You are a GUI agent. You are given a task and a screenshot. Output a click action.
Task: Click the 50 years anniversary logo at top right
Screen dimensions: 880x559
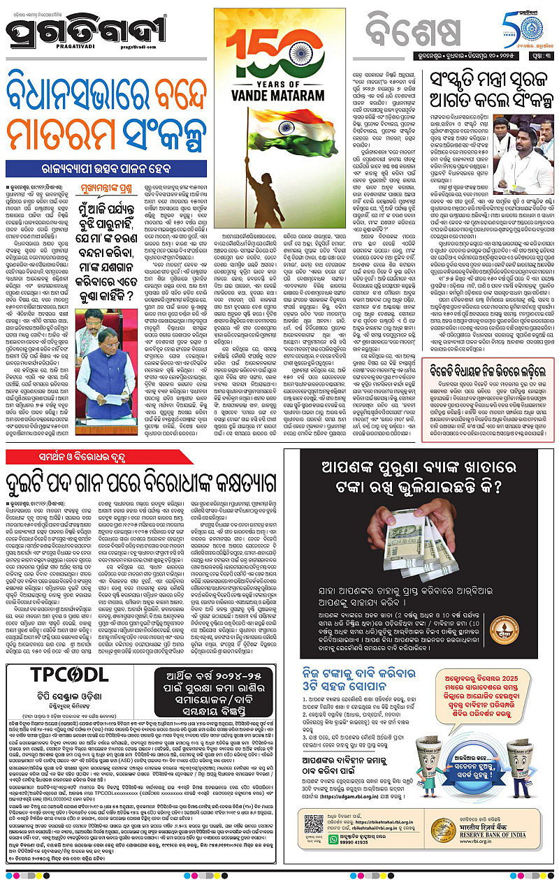528,30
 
